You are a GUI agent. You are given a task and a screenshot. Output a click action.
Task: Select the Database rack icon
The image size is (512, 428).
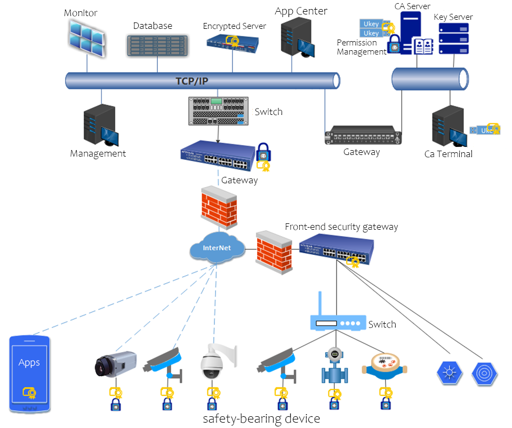click(x=158, y=45)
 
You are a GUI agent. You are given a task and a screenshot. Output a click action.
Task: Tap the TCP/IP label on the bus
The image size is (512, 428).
click(x=192, y=81)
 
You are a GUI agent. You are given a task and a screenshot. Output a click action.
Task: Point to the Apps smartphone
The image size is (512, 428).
click(x=30, y=373)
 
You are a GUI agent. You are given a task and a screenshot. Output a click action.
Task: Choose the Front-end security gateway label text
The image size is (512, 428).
click(x=341, y=227)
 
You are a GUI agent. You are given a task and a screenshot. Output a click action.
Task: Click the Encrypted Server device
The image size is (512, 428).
click(x=232, y=42)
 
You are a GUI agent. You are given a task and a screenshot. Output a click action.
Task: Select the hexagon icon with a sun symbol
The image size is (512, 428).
click(x=449, y=372)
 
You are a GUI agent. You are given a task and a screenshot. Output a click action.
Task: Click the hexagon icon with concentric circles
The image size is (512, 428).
click(x=485, y=372)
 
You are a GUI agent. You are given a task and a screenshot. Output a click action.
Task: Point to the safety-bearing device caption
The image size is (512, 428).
click(x=261, y=418)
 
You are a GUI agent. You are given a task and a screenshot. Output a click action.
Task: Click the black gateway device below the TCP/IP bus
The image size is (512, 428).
click(x=363, y=135)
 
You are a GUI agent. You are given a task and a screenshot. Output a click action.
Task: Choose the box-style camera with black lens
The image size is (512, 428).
click(x=115, y=364)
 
